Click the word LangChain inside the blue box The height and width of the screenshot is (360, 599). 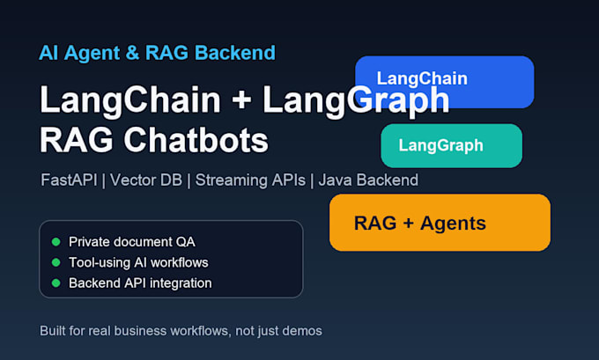tap(422, 79)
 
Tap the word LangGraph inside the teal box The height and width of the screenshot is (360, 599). tap(440, 146)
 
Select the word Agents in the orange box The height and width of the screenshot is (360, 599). tap(453, 224)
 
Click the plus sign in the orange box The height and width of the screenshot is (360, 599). tap(409, 223)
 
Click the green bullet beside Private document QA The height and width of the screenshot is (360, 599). tap(55, 242)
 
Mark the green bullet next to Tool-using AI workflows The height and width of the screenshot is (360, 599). tap(55, 262)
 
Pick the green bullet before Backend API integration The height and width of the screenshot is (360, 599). tap(55, 283)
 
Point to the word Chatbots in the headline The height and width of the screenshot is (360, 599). tap(196, 140)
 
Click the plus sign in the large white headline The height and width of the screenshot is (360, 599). tap(241, 100)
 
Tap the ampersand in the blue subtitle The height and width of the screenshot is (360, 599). tap(132, 53)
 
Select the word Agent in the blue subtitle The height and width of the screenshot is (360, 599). tap(92, 54)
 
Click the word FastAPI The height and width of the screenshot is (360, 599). tap(69, 180)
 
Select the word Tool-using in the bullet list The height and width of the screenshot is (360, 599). tap(94, 262)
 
